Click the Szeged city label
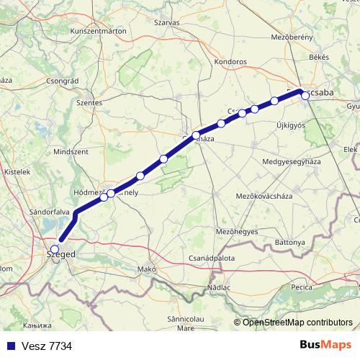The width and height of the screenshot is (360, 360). pyautogui.click(x=60, y=254)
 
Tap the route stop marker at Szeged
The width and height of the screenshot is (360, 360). pyautogui.click(x=55, y=249)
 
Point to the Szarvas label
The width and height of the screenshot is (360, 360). pyautogui.click(x=166, y=22)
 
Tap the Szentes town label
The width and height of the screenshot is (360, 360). pyautogui.click(x=90, y=103)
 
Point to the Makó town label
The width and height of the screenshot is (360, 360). pyautogui.click(x=147, y=269)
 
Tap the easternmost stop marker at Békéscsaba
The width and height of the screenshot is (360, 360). pyautogui.click(x=305, y=95)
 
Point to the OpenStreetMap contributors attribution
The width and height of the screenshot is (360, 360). pyautogui.click(x=297, y=322)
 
